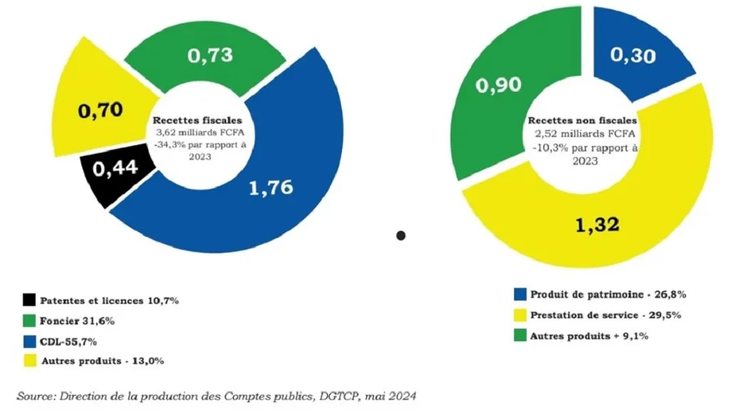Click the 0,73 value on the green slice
[210, 56]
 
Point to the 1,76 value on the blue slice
[270, 188]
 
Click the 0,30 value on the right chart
[634, 56]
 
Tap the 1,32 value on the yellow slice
[597, 226]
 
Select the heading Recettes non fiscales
[582, 121]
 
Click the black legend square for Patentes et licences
[29, 300]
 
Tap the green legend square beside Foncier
[29, 320]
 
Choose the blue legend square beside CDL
[29, 341]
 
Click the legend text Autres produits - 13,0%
[103, 361]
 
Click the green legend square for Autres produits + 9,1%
[520, 334]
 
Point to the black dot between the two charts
[401, 235]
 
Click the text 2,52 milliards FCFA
[582, 134]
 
